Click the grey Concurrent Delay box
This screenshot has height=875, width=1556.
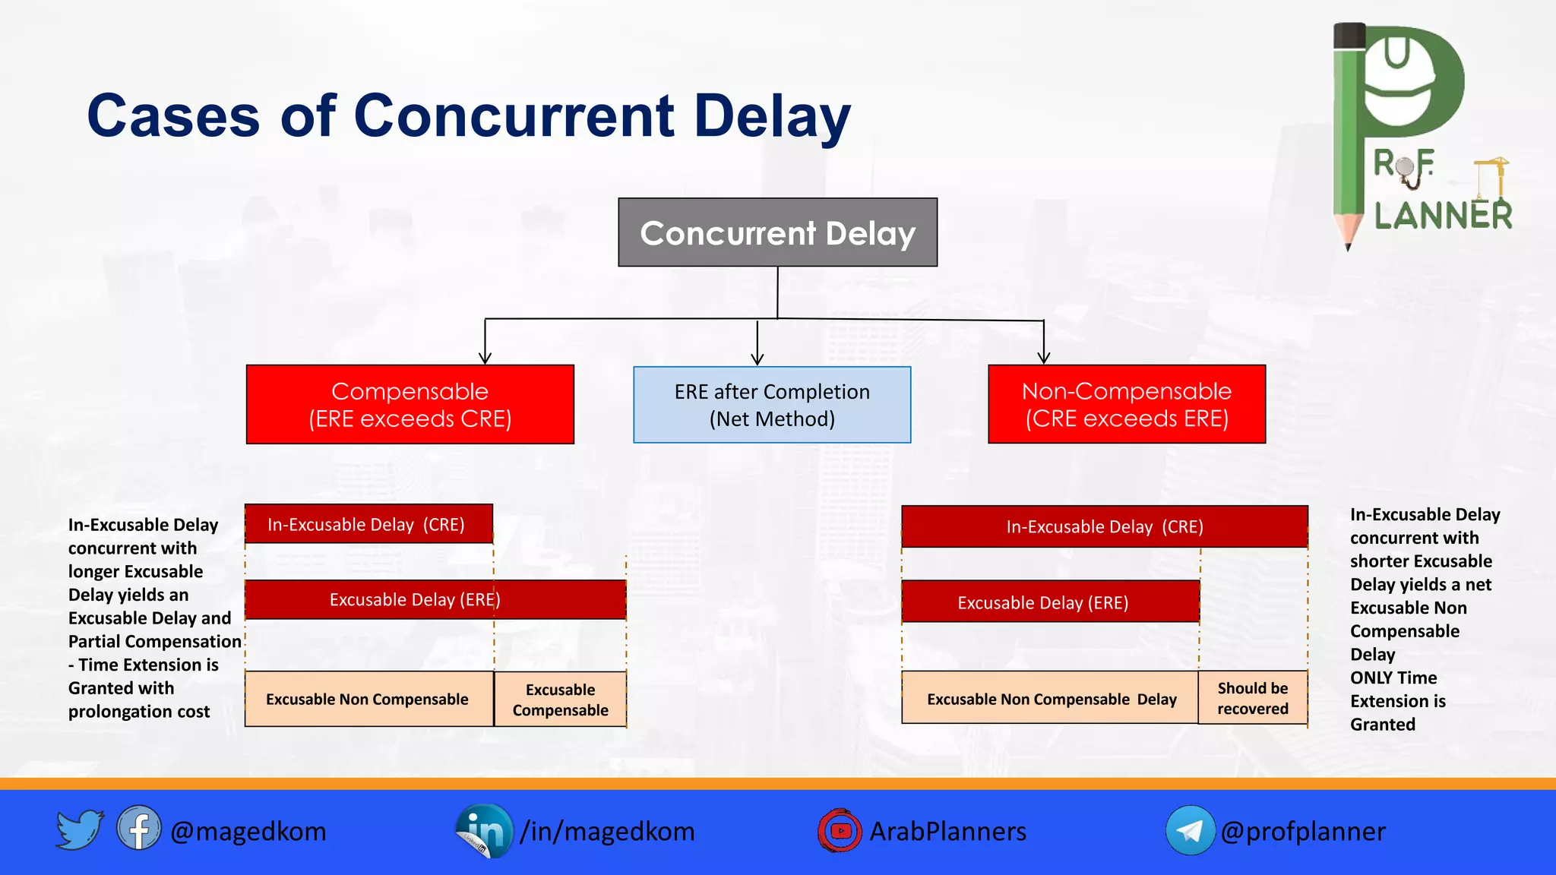point(777,232)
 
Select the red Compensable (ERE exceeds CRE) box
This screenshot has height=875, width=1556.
point(410,404)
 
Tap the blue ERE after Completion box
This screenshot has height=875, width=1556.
point(772,405)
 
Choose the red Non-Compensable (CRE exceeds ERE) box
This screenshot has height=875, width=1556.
point(1126,404)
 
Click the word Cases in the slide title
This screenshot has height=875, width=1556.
point(173,116)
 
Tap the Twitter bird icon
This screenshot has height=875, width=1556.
point(79,829)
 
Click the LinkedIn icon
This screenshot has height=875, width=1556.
point(484,831)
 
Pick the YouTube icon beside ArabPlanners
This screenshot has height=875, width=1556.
point(840,830)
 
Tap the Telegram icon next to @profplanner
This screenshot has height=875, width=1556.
point(1190,830)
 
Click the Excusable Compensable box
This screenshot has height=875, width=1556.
point(560,700)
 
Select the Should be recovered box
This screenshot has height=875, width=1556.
point(1252,698)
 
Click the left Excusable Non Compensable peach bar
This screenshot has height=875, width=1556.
point(368,699)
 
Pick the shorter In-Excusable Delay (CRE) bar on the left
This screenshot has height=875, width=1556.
point(368,524)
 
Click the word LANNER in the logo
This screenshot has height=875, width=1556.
point(1443,216)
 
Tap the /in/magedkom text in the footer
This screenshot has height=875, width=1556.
point(607,831)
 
